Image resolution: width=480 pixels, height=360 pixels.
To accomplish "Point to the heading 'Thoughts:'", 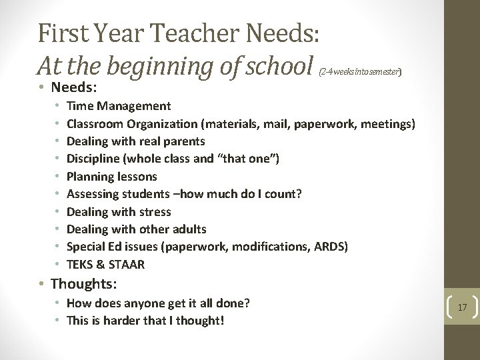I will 84,284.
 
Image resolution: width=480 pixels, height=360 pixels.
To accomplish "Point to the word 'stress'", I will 155,212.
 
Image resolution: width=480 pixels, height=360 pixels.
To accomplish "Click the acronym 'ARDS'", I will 331,247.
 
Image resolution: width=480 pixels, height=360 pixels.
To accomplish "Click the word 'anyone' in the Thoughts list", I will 147,303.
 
